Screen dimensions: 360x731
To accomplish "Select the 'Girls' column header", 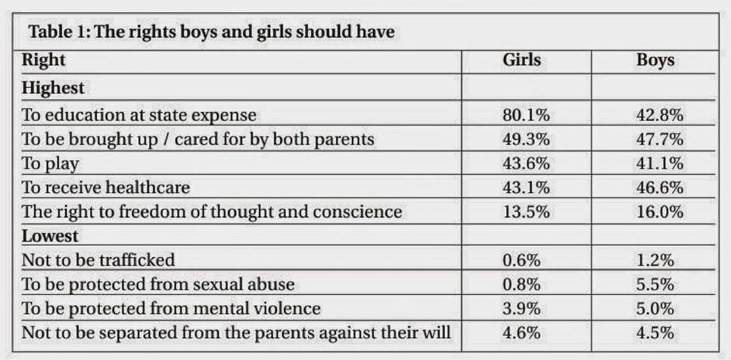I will pos(521,60).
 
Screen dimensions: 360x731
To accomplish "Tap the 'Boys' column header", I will pos(655,60).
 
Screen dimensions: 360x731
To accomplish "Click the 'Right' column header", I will pos(44,60).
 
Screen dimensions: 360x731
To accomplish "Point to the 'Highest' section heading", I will pos(53,88).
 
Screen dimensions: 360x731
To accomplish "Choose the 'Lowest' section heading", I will pos(50,236).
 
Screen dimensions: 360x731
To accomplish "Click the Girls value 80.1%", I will pos(526,116).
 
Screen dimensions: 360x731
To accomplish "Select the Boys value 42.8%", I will pos(660,116).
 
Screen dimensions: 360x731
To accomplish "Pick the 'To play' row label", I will pos(50,163).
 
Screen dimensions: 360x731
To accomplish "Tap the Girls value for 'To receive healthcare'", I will pos(526,188).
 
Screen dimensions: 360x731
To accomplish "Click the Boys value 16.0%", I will pos(660,212).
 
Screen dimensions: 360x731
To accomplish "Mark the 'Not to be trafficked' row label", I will pos(98,260).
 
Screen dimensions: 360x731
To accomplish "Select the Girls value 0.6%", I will pos(521,260).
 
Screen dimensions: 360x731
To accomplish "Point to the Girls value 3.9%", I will pos(521,309).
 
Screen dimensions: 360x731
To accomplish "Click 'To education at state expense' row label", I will pos(139,116).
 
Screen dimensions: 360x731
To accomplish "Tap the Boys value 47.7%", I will pos(660,140).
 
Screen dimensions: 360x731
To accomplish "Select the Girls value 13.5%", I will pos(526,212).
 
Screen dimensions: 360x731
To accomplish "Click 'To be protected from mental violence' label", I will pos(171,309).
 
